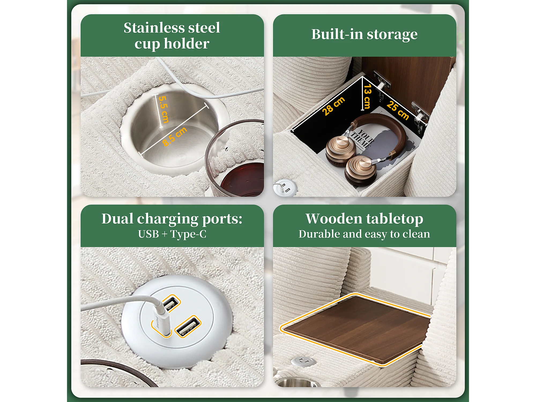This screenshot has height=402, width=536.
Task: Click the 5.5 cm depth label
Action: pyautogui.click(x=164, y=109)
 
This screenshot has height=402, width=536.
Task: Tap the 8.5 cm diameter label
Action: pyautogui.click(x=174, y=137)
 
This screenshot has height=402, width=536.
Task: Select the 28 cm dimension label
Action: pyautogui.click(x=333, y=106)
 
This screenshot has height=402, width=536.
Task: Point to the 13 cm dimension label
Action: pyautogui.click(x=367, y=96)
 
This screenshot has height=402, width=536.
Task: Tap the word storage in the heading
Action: pyautogui.click(x=392, y=35)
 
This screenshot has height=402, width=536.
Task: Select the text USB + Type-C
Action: pyautogui.click(x=172, y=234)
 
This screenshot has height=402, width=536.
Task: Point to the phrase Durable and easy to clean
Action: pyautogui.click(x=364, y=234)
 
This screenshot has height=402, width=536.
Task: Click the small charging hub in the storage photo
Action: pyautogui.click(x=285, y=187)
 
